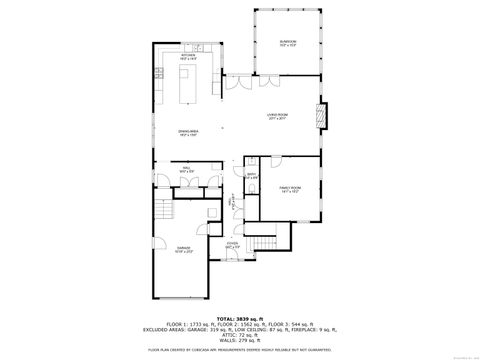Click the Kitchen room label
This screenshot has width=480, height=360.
pos(187,57)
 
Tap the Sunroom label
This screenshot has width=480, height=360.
pos(288,42)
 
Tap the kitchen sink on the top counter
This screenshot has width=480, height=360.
pos(200,48)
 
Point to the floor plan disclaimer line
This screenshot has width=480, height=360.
pos(240,350)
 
